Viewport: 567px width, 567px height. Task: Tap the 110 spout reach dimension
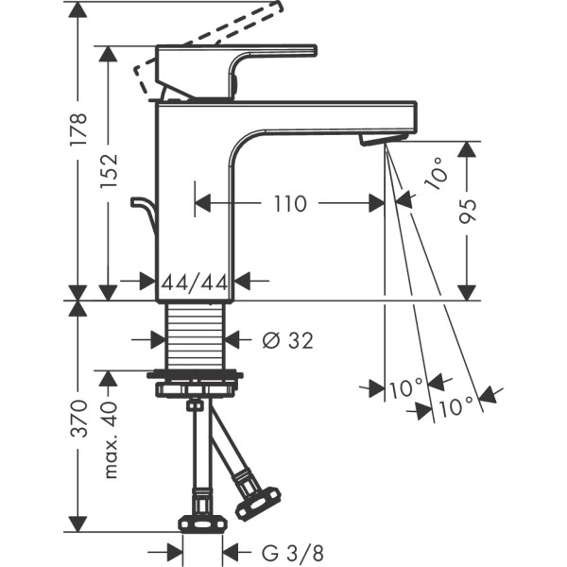pos(290,202)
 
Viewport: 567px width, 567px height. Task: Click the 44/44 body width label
pos(194,281)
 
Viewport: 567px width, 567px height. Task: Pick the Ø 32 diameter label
pos(284,339)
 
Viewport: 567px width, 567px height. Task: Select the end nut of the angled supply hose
pos(258,502)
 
